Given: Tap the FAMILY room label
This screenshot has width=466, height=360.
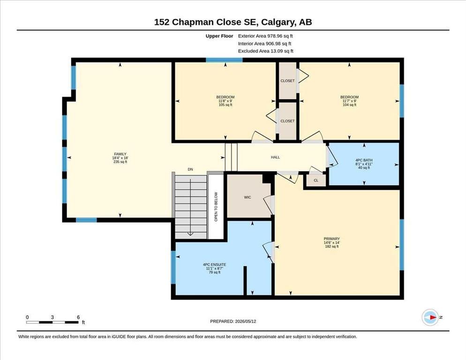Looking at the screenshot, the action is (x=120, y=154).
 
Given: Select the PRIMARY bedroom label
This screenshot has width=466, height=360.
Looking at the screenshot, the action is (x=331, y=239).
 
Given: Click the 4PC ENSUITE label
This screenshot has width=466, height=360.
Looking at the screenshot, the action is (x=215, y=264).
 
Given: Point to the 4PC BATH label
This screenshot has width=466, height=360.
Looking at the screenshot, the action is (x=364, y=160).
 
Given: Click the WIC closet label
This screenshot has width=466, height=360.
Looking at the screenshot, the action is (x=247, y=197).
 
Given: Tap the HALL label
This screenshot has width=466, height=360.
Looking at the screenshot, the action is (x=275, y=157).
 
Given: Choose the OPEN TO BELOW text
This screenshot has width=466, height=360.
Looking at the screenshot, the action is (x=216, y=207).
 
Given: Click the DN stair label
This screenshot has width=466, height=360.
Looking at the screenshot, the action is (x=190, y=169).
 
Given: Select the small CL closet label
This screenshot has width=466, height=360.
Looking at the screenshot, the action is (x=316, y=180).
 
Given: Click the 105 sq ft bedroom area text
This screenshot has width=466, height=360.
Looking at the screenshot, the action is (x=225, y=105).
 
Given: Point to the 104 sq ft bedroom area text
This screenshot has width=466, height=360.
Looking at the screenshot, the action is (x=349, y=105).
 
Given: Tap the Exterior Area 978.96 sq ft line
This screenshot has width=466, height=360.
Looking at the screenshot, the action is (x=265, y=36).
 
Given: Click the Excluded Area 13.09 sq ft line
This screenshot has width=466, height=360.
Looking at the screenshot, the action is (x=266, y=51).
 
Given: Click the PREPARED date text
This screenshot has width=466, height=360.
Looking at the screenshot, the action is (x=233, y=322).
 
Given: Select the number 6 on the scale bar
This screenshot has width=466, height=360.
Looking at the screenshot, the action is (x=78, y=317).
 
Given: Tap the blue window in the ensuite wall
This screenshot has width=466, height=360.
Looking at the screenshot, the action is (x=173, y=268).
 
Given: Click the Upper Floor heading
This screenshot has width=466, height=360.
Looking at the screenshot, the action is (x=219, y=36).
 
